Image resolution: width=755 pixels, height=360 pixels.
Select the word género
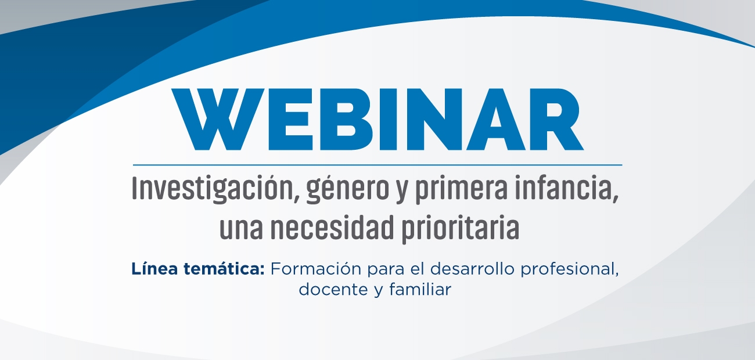[348, 191]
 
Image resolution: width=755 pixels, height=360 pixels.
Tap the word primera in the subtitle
[461, 191]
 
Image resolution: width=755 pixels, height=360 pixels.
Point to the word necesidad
[332, 228]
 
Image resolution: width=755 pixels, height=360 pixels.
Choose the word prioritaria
[461, 229]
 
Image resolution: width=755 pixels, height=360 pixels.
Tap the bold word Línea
[154, 269]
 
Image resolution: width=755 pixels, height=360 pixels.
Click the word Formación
[316, 269]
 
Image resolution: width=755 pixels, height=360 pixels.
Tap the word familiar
[420, 289]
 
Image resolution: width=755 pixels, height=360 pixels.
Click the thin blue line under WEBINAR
[378, 165]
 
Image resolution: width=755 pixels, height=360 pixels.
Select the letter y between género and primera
[402, 194]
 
